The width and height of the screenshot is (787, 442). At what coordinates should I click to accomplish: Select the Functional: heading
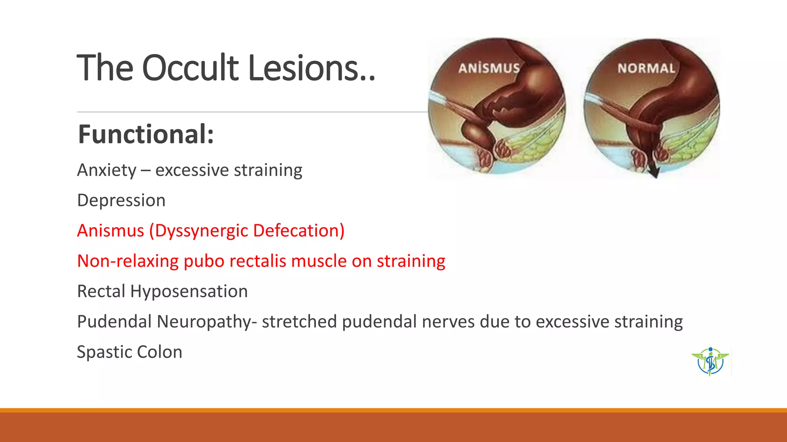(146, 134)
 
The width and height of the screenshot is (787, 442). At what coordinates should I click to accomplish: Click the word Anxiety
(107, 170)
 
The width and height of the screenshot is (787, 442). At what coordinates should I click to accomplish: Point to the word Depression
(121, 200)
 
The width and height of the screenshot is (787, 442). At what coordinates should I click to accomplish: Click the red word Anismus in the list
(111, 231)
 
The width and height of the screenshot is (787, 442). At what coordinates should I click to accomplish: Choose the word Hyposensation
(189, 291)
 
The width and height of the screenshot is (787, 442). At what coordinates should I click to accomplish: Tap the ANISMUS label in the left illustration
(489, 68)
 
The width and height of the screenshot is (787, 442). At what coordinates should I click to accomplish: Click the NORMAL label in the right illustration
(646, 68)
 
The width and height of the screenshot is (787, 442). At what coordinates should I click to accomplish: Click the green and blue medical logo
(710, 361)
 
